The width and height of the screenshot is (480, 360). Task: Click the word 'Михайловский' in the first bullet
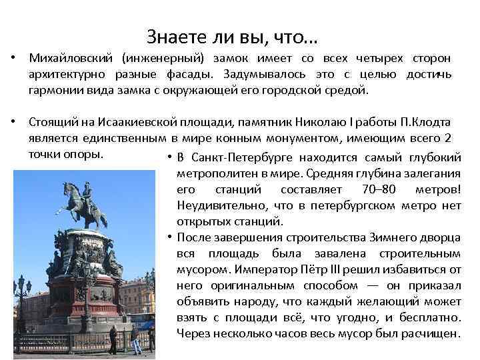point(65,59)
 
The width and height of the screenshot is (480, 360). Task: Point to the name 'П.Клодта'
point(425,123)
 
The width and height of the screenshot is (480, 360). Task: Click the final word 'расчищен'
point(431,333)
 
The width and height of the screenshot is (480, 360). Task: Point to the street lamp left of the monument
point(21,293)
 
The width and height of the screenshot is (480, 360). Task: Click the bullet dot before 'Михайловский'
point(14,59)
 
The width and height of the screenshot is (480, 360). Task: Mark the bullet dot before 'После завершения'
point(171,237)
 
